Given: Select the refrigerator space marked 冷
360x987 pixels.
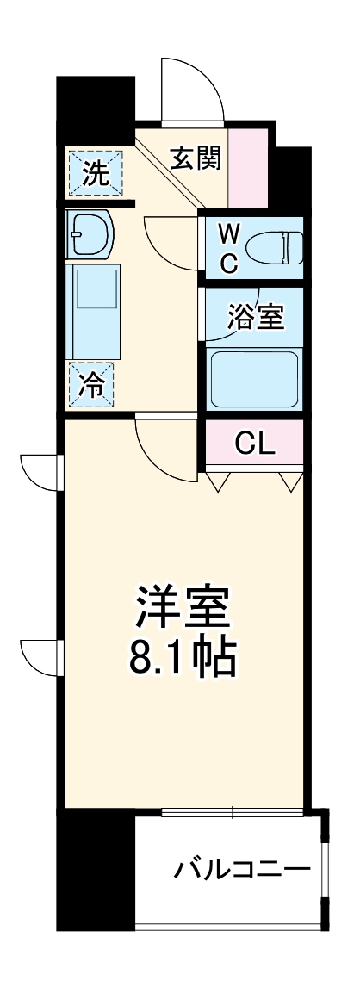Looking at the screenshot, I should [x=94, y=385].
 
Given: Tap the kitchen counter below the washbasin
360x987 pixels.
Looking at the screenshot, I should [x=94, y=310].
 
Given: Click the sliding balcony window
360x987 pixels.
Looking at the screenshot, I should [x=233, y=811].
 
